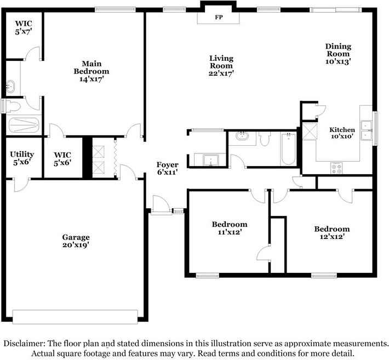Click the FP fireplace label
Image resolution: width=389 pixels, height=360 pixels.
(219, 18)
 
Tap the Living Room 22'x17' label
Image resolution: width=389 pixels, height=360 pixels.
(221, 66)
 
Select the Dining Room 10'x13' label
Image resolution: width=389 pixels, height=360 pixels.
(338, 54)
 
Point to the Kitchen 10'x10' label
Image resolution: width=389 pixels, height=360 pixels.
(342, 133)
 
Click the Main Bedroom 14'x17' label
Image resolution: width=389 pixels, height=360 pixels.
(91, 71)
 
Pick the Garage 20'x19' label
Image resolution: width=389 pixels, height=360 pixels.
(76, 241)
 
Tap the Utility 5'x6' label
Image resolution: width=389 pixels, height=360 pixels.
(22, 158)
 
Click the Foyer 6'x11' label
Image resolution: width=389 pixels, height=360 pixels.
(168, 168)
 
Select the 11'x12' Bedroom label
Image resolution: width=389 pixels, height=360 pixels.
(230, 228)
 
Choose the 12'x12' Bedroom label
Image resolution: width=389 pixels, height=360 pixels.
(332, 233)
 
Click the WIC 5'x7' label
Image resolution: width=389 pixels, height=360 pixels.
(24, 27)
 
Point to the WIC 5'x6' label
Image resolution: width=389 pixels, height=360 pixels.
(62, 159)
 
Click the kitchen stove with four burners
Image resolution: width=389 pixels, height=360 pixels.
(336, 168)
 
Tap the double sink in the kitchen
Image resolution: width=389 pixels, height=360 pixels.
(366, 130)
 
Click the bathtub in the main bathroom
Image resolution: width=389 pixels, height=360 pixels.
(24, 125)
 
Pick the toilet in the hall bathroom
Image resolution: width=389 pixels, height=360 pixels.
(265, 139)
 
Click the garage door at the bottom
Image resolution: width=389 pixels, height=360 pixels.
(75, 317)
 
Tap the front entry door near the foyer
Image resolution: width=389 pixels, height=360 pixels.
(162, 205)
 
